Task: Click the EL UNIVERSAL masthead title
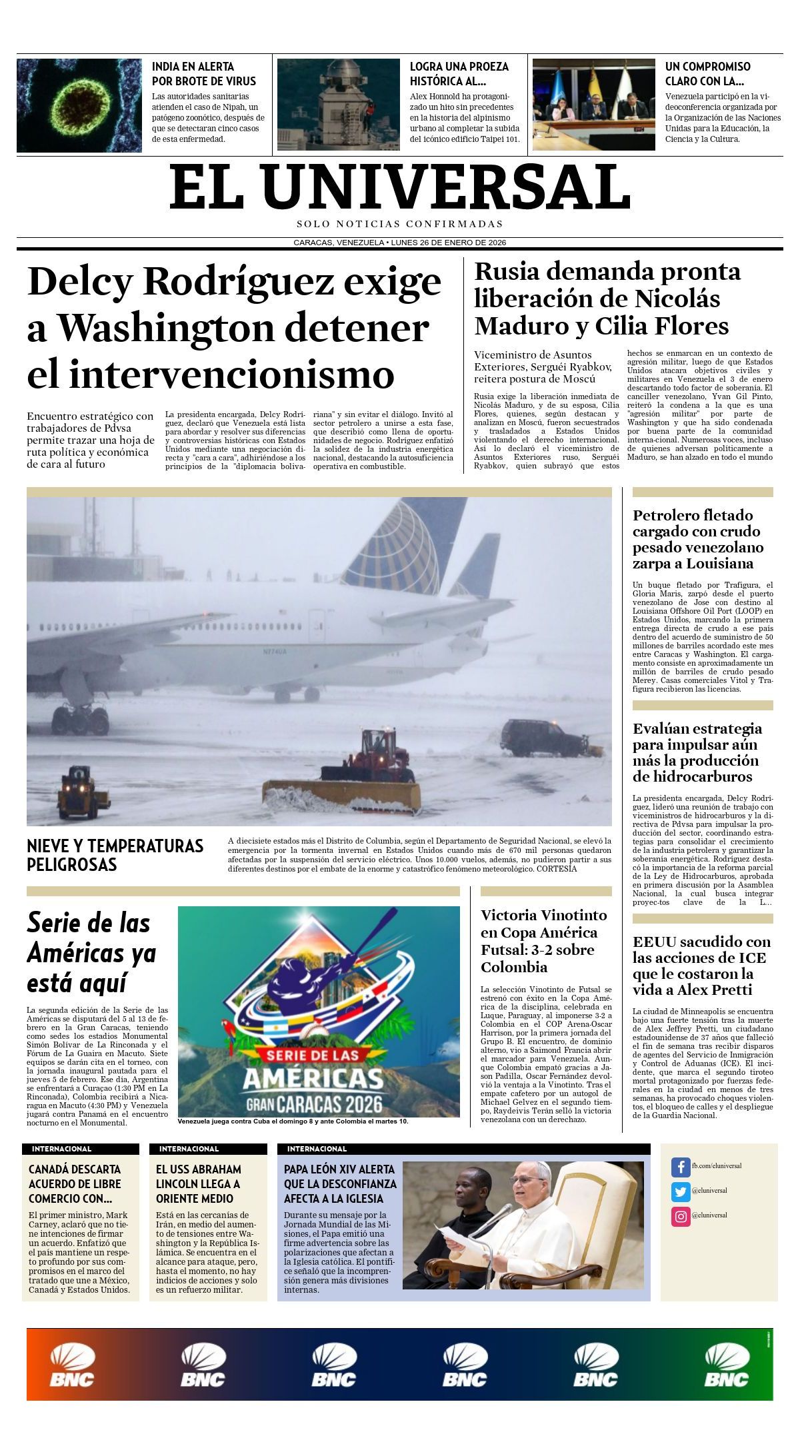400,187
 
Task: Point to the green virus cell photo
79,105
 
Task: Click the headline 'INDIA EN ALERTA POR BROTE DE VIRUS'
204,74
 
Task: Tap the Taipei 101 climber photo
338,105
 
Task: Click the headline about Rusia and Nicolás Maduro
607,299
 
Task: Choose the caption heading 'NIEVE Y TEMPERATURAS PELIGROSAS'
115,855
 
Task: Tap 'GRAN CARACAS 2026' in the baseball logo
314,1103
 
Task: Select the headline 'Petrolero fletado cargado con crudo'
698,539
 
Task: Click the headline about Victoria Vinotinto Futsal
544,941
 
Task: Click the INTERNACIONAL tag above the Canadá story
61,1149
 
